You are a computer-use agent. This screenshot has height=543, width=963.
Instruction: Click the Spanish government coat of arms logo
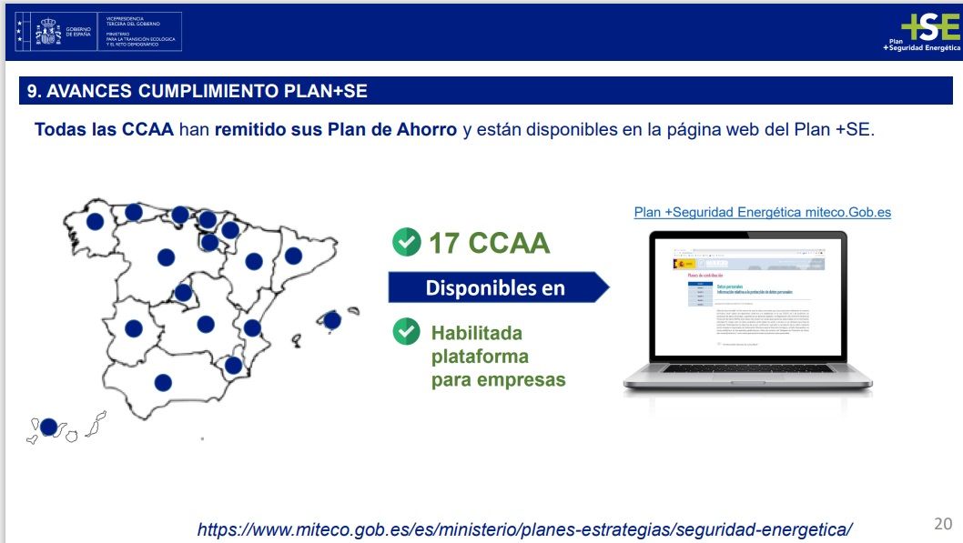(47, 32)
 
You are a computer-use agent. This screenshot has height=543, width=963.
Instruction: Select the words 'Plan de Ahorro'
(401, 129)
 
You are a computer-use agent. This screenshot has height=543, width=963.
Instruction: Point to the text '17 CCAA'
(489, 243)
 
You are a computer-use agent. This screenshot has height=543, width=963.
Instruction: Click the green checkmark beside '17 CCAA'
(406, 242)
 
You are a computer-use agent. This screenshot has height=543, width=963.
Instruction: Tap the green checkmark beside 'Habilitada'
(406, 332)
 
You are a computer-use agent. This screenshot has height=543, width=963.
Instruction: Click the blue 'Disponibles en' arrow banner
(496, 288)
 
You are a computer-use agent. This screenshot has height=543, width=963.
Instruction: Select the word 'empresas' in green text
(523, 379)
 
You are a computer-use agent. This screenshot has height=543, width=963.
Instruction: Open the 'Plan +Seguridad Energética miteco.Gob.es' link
(762, 212)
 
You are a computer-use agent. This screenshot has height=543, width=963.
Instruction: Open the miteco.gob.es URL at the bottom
(525, 528)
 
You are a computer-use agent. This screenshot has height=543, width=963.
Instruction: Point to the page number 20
(942, 524)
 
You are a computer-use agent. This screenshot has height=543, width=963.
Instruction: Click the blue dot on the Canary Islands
(48, 427)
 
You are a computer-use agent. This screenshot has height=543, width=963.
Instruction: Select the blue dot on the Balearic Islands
(332, 320)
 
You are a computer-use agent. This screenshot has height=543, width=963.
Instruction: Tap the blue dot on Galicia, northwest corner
(95, 221)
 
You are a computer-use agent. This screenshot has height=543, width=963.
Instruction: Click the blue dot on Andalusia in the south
(163, 383)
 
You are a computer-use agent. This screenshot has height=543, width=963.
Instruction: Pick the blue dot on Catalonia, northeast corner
(293, 256)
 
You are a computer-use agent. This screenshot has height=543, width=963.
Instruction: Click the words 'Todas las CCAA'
(104, 129)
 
